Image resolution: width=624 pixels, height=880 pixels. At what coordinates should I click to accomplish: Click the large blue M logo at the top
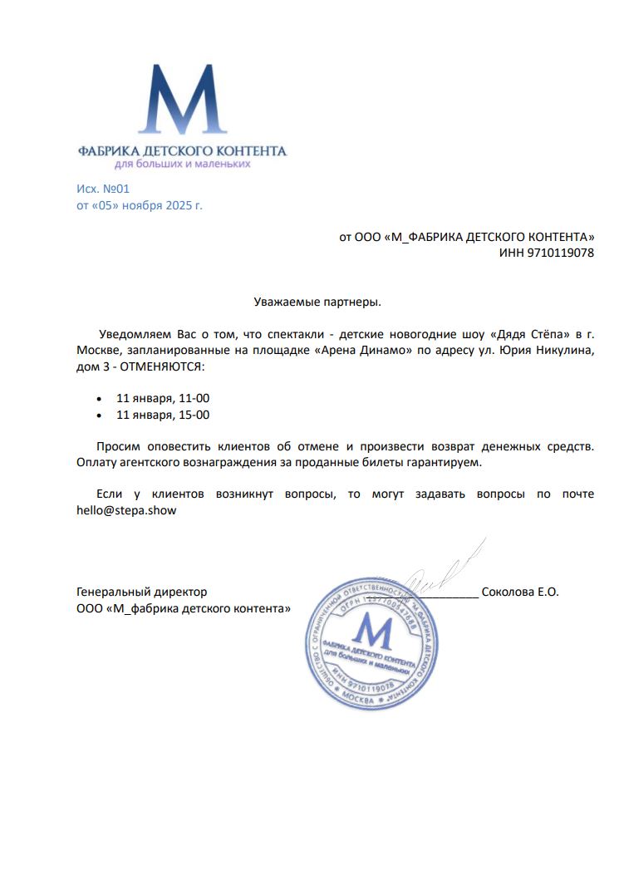(x=181, y=100)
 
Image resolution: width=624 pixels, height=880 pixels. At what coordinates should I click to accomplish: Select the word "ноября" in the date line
(x=143, y=205)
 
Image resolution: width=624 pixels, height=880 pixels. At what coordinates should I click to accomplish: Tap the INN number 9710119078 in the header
(x=560, y=253)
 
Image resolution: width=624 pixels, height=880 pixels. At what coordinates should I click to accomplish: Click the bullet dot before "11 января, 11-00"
(x=100, y=399)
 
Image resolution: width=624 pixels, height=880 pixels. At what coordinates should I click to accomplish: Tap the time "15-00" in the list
(x=194, y=415)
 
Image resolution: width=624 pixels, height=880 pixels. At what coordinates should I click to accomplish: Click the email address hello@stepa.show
(x=126, y=511)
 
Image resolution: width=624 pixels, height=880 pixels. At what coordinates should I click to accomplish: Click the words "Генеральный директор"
(x=141, y=592)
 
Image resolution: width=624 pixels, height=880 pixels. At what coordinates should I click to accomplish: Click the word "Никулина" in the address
(x=564, y=351)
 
